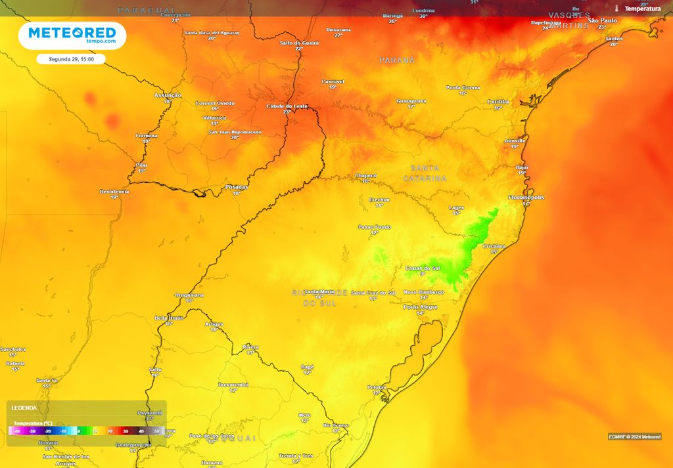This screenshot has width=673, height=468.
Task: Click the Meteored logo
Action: [72, 35]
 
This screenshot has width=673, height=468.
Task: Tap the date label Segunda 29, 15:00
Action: [71, 59]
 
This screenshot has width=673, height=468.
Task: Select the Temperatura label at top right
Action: [642, 9]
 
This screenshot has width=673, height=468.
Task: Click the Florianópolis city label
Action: [526, 197]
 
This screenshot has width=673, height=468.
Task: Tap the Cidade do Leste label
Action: [287, 106]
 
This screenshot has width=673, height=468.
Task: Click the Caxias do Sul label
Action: [422, 268]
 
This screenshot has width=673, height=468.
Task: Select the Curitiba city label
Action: [498, 101]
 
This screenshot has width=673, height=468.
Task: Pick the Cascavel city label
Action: [333, 81]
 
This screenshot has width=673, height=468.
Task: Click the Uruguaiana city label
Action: [189, 295]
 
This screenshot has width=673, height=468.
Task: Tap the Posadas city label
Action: [237, 186]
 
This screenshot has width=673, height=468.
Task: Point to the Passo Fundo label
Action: [374, 227]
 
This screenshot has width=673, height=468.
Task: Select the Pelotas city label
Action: [377, 387]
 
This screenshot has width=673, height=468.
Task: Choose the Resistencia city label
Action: [114, 191]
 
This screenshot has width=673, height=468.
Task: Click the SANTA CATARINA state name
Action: [425, 173]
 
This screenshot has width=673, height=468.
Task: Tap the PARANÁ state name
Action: [397, 60]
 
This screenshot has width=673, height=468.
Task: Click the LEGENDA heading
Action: [24, 408]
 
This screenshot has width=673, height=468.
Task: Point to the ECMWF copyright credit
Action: [634, 436]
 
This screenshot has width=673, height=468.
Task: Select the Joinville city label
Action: [515, 140]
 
